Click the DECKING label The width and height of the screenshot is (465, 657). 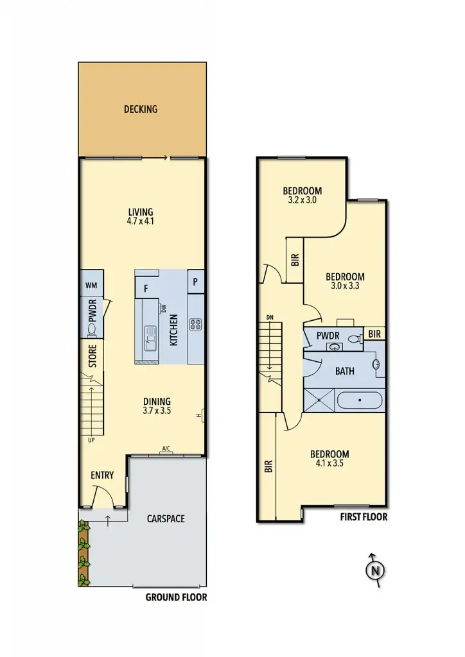(x=140, y=109)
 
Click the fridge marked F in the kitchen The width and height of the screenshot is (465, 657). (x=146, y=288)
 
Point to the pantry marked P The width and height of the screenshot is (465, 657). (x=195, y=282)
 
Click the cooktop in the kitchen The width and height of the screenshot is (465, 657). (x=195, y=324)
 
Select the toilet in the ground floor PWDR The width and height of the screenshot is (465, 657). (x=91, y=330)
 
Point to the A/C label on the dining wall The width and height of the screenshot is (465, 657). (x=166, y=448)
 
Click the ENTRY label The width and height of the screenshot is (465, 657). (x=102, y=475)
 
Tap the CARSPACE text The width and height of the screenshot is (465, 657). (x=165, y=518)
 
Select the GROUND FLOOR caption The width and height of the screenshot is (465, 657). (x=176, y=597)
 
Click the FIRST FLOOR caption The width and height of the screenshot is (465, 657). (x=363, y=516)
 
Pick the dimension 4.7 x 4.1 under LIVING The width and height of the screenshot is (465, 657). (x=140, y=221)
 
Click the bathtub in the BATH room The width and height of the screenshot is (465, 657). (x=360, y=401)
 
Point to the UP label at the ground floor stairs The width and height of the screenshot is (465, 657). (x=91, y=440)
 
